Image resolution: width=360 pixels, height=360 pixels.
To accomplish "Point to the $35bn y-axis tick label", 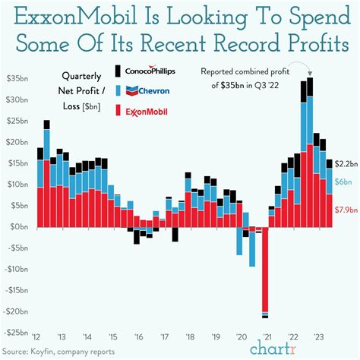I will pos(16,79).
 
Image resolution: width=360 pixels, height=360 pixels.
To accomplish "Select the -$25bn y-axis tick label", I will pos(16,333).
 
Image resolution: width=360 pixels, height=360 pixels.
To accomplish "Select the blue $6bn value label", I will pos(342,182).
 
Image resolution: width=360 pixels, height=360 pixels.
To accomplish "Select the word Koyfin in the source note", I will pos(57,352).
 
